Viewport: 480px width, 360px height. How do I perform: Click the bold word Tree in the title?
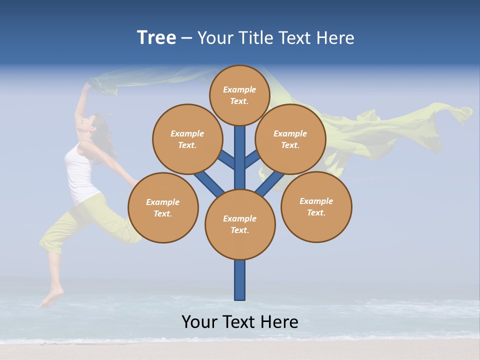point(156,38)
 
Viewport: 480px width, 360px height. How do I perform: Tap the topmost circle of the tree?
point(239,95)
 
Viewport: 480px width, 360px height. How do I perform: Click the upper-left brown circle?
point(187,139)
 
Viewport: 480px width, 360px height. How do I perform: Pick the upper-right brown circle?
point(290,139)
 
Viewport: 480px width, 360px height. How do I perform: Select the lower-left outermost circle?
point(163,207)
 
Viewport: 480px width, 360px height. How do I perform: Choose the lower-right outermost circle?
point(316,206)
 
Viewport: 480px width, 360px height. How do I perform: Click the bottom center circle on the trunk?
point(240,224)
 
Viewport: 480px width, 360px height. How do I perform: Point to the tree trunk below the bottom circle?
point(240,280)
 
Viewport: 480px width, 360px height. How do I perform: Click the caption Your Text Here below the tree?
point(240,321)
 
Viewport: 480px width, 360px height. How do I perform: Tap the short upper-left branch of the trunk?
point(226,159)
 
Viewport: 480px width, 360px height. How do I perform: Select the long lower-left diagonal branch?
point(208,183)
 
